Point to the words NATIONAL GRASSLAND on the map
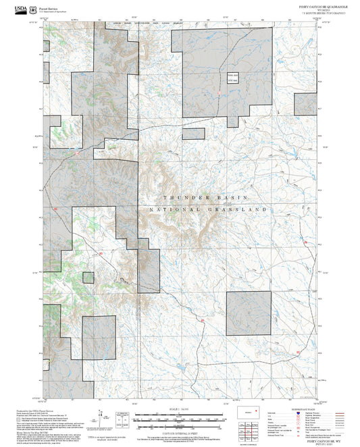pyautogui.click(x=208, y=210)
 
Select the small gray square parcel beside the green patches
pyautogui.click(x=88, y=277)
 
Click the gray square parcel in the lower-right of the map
pyautogui.click(x=248, y=313)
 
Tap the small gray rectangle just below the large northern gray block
pyautogui.click(x=194, y=134)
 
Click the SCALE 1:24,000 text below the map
pyautogui.click(x=180, y=410)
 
